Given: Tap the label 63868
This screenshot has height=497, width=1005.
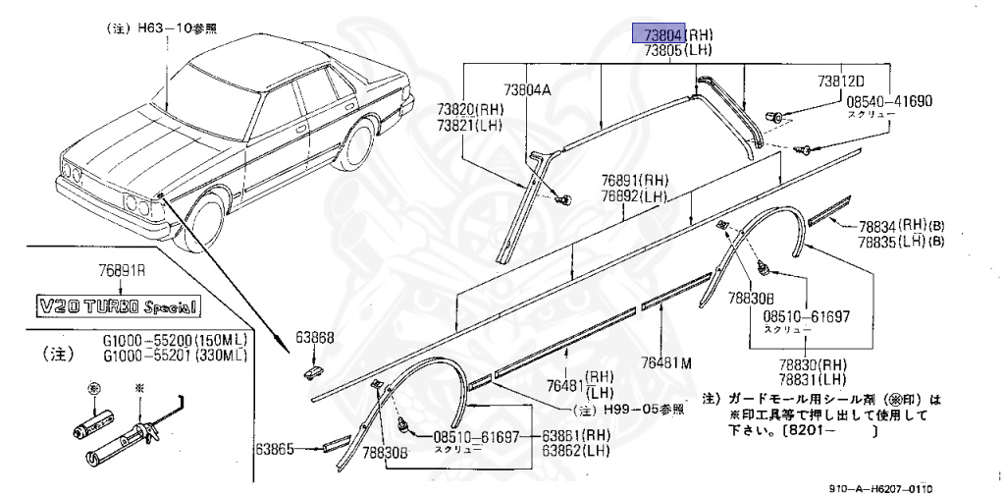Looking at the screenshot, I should (x=317, y=338).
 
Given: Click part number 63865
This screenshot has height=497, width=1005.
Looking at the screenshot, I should (x=276, y=450).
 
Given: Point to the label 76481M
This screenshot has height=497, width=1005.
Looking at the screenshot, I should (x=666, y=362).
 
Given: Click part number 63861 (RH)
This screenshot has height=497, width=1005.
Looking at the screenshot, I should (x=578, y=436).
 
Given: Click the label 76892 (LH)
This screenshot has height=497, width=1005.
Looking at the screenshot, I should (x=635, y=195).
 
